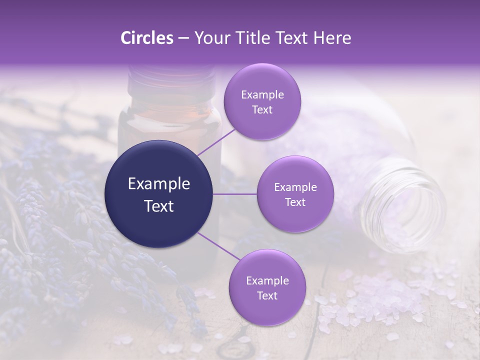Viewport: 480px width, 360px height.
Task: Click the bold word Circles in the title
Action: pyautogui.click(x=146, y=38)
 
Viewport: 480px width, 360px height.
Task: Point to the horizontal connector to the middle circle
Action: pyautogui.click(x=235, y=194)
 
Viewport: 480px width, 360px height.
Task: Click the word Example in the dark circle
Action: pyautogui.click(x=159, y=184)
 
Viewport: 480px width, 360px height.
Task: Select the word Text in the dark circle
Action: pyautogui.click(x=159, y=206)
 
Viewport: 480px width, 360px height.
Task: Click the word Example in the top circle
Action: pyautogui.click(x=262, y=95)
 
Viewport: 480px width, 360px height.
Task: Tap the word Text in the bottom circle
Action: pyautogui.click(x=267, y=296)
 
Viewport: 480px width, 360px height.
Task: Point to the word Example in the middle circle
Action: pyautogui.click(x=295, y=187)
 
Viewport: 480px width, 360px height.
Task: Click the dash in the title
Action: pyautogui.click(x=183, y=38)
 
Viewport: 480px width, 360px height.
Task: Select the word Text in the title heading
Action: pyautogui.click(x=290, y=38)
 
